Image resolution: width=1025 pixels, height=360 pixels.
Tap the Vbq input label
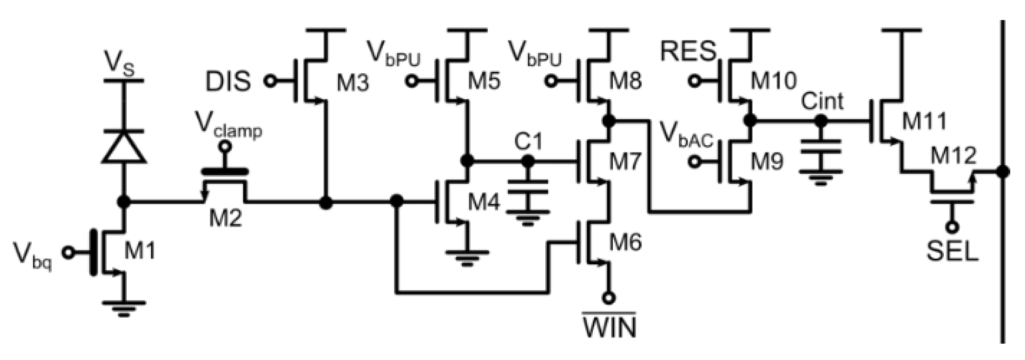pos(33,257)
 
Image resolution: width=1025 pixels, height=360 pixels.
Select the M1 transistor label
pos(140,252)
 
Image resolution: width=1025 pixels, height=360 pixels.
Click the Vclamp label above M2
pos(228,126)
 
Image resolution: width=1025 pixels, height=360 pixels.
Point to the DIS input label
pos(227,82)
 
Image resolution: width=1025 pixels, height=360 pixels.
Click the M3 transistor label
pos(353,83)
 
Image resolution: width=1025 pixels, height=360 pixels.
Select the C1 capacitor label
pos(528,142)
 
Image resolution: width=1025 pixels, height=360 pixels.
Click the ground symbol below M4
pos(467,258)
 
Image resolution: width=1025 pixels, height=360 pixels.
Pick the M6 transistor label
pos(625,242)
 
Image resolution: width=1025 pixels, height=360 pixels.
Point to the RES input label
pos(688,52)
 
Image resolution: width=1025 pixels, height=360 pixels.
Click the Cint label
pos(822,101)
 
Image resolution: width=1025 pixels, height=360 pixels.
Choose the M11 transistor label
pos(924,122)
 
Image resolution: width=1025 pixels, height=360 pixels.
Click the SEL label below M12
pos(953,252)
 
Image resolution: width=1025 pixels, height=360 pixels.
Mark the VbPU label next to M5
pos(393,54)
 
